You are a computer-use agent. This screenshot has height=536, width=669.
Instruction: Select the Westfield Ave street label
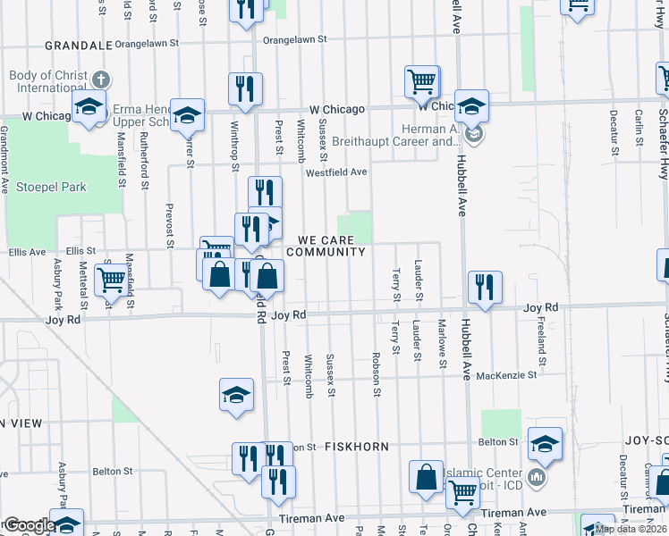(336, 172)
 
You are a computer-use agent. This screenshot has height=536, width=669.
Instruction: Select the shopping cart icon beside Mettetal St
(112, 280)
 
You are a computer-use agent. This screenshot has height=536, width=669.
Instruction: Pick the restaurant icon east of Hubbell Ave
(484, 287)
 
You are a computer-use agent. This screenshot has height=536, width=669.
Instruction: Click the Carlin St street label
(639, 128)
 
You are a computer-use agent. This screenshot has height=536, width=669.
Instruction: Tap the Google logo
(29, 524)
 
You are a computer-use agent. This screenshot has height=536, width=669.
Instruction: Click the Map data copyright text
(631, 529)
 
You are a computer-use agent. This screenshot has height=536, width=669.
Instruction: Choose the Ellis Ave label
(25, 252)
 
